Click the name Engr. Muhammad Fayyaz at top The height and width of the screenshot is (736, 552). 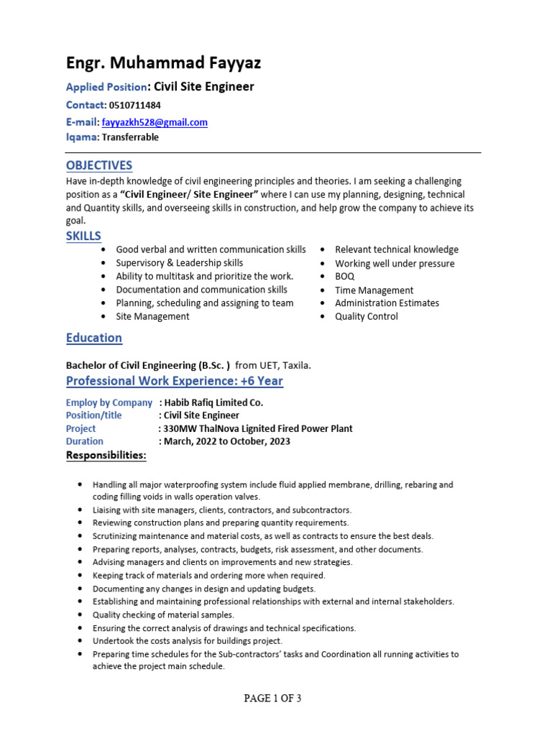(x=163, y=63)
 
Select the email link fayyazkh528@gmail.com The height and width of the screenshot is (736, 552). (x=155, y=122)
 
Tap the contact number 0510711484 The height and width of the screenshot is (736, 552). (x=135, y=105)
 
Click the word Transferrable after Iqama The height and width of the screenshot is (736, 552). (x=130, y=137)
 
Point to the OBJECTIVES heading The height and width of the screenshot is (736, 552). (x=99, y=165)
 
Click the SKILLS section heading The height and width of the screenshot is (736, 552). (x=83, y=236)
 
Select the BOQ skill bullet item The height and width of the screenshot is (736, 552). (x=345, y=277)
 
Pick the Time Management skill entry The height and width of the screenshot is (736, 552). (x=374, y=290)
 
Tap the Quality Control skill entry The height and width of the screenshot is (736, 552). (x=367, y=317)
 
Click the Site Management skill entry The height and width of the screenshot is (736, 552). (x=152, y=317)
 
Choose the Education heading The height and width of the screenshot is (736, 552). (x=94, y=338)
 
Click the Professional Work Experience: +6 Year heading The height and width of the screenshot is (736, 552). (x=175, y=381)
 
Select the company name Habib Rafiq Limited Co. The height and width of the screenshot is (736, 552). (x=213, y=402)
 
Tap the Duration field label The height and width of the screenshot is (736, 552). (x=85, y=441)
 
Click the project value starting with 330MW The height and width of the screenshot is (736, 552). (x=257, y=428)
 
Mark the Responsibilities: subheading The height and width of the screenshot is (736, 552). (x=106, y=456)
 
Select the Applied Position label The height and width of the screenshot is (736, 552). (x=106, y=87)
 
